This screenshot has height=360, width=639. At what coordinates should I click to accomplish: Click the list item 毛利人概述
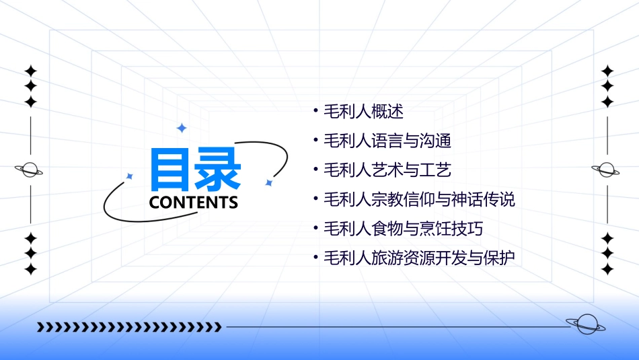363,111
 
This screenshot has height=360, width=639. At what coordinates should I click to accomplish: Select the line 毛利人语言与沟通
387,141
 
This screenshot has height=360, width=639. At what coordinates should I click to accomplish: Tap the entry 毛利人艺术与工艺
387,170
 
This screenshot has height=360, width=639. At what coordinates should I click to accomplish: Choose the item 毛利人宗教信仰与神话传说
419,199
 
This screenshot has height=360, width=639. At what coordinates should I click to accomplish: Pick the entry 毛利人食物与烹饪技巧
403,228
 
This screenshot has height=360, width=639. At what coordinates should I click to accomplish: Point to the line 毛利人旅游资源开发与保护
419,258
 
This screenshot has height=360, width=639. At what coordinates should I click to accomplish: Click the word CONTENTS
193,203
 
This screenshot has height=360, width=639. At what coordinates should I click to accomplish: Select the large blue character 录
219,169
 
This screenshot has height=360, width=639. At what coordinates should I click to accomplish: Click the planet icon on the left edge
30,170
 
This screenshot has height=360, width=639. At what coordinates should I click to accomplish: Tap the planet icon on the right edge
606,170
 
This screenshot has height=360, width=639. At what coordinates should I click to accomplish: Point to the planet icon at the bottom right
586,325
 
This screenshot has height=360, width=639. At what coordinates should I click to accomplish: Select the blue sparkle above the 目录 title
181,128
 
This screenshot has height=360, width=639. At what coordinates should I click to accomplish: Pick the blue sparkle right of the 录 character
268,182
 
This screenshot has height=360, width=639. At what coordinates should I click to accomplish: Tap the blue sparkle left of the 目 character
130,176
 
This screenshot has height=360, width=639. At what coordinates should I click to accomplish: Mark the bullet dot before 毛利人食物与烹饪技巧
315,228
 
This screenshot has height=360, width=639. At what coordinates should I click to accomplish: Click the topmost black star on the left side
30,71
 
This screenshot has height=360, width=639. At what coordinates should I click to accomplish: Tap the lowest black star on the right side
607,269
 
